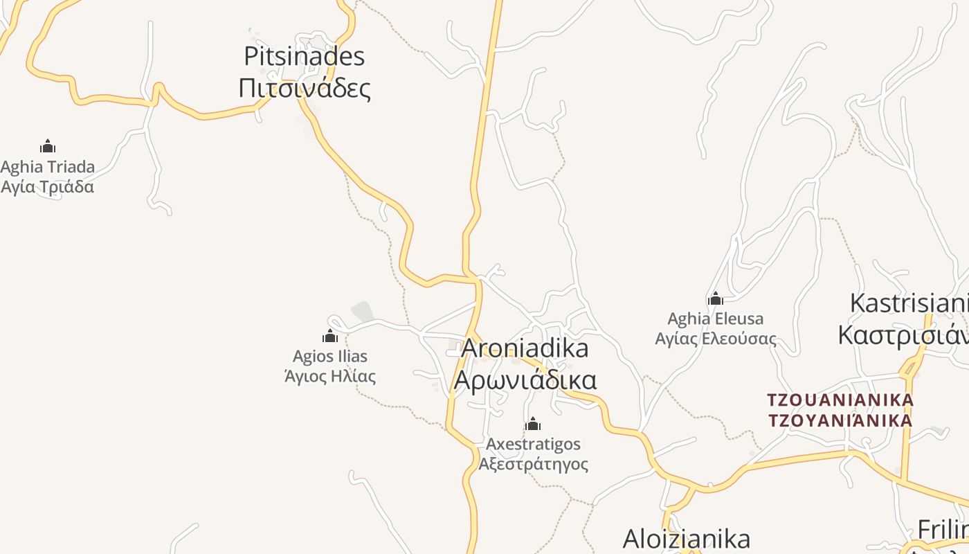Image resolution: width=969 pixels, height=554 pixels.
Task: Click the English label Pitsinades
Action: (305, 56)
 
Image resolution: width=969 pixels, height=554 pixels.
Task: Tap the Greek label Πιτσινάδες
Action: (305, 88)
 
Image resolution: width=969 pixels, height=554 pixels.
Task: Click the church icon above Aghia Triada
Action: (48, 146)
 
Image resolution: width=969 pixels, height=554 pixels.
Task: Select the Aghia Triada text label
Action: (48, 167)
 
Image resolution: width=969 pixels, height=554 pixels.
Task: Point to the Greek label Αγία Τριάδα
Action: (48, 187)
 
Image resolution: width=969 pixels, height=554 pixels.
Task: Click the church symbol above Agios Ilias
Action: (330, 337)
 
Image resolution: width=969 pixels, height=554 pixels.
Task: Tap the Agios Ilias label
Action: (330, 357)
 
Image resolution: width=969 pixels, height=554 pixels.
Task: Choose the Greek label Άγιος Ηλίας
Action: (330, 377)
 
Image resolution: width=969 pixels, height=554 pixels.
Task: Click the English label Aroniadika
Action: (525, 348)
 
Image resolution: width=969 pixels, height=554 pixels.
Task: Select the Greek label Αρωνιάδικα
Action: (525, 380)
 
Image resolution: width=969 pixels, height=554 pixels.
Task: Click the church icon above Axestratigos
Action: (533, 424)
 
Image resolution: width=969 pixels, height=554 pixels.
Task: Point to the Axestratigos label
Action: (533, 443)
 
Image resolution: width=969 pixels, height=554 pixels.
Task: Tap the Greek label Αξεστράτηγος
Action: (533, 463)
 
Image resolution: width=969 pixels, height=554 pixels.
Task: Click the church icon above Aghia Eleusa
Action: (716, 299)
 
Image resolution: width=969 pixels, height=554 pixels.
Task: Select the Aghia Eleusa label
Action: (716, 319)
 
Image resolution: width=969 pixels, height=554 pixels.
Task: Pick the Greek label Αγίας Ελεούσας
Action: (716, 339)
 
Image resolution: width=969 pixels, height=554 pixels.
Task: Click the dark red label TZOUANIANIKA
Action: (840, 400)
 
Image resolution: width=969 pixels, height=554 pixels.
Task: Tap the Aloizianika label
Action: (687, 538)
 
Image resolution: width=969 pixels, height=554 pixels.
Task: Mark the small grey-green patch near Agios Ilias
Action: (363, 312)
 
